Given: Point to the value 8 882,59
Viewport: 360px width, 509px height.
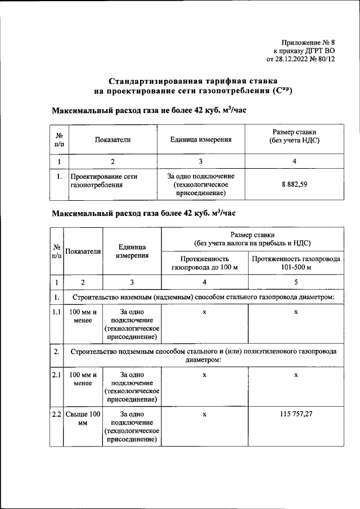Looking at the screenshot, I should [x=294, y=184].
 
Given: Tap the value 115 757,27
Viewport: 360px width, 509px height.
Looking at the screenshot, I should [x=296, y=414].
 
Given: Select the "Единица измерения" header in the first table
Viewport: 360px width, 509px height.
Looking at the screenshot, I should [x=200, y=139].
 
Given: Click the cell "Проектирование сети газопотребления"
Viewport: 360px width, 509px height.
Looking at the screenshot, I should [x=103, y=180].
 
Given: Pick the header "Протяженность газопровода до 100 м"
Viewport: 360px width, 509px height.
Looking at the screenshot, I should [x=205, y=263].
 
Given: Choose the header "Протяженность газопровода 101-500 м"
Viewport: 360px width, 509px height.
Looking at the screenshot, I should [x=296, y=263].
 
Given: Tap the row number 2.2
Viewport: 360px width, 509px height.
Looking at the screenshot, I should [x=56, y=414].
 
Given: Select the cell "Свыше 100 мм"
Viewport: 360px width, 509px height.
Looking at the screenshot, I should [x=83, y=418].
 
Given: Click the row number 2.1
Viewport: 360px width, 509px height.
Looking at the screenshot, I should [x=56, y=374].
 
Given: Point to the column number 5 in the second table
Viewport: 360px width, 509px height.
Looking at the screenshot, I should [x=296, y=282].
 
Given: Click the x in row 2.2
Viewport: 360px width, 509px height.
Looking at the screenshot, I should [x=205, y=414].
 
